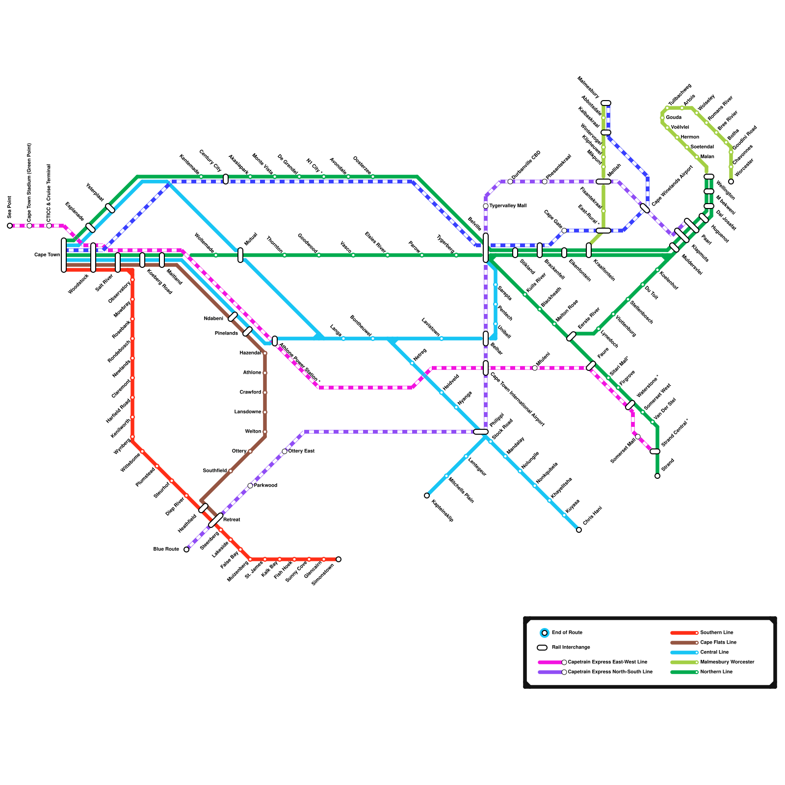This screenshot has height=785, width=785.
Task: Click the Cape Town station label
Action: tap(47, 255)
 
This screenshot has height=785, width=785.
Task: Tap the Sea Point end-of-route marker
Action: tap(10, 226)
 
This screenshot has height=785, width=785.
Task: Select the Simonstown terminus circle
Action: tap(339, 559)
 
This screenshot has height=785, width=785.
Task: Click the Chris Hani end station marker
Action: tap(579, 530)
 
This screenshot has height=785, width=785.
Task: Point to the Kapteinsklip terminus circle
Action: tap(427, 496)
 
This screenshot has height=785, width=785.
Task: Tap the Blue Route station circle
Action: tap(186, 549)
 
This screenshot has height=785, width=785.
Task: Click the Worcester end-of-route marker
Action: tap(731, 182)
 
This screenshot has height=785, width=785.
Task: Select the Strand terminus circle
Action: tap(657, 476)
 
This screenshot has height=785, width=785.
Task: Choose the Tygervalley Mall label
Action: tap(508, 206)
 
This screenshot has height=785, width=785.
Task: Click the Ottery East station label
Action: tap(301, 451)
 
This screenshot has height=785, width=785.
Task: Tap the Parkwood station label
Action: tap(265, 486)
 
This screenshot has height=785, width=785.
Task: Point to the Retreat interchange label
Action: tap(232, 520)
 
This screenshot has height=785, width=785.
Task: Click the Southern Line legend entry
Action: tap(717, 633)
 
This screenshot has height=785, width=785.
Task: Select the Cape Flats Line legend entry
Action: tap(718, 643)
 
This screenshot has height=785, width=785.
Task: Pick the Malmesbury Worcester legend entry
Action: tap(727, 662)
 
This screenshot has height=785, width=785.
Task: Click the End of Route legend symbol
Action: tap(545, 633)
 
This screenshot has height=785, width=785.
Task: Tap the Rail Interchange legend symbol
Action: tap(542, 648)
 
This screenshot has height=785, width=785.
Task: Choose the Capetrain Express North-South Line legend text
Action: tap(610, 672)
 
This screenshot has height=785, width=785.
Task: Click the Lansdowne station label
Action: tap(248, 412)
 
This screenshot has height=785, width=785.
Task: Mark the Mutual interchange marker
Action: tap(240, 255)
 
